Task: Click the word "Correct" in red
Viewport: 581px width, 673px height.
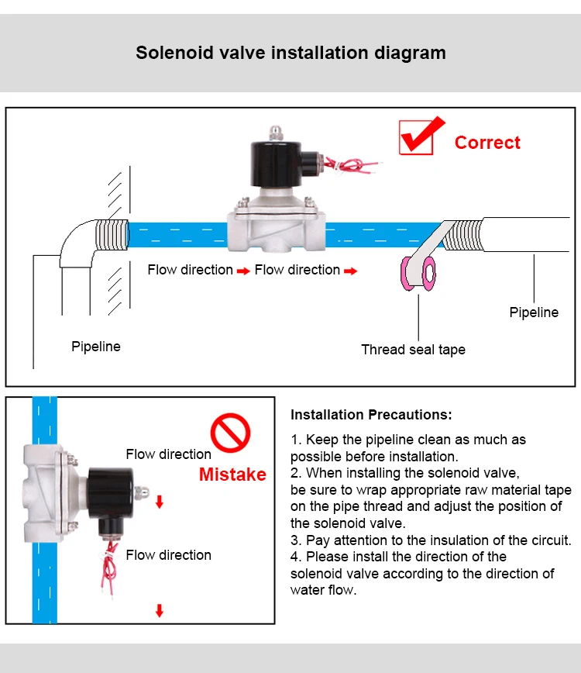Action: tap(487, 143)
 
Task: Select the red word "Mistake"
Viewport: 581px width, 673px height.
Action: tap(232, 475)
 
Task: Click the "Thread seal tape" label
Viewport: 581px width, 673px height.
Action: tap(413, 350)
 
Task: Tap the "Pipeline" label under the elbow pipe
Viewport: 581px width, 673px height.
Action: tap(96, 347)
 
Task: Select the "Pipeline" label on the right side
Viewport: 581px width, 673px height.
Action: tap(534, 312)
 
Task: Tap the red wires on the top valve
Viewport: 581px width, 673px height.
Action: tap(353, 164)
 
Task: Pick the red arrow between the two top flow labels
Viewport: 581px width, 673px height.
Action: tap(243, 271)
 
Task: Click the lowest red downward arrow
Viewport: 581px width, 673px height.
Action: tap(160, 610)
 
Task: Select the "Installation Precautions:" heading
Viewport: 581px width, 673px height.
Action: tap(371, 415)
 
